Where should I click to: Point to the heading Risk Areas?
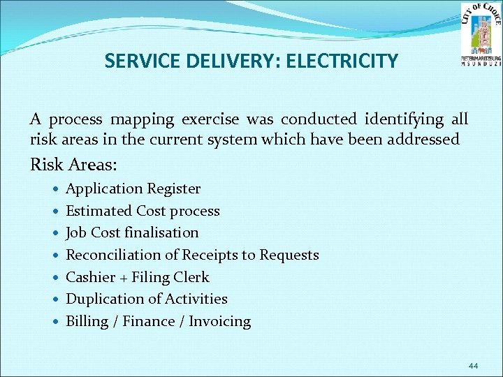74,165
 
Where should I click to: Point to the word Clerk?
191,277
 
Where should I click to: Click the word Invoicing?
219,321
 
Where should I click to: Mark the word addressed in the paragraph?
425,139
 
